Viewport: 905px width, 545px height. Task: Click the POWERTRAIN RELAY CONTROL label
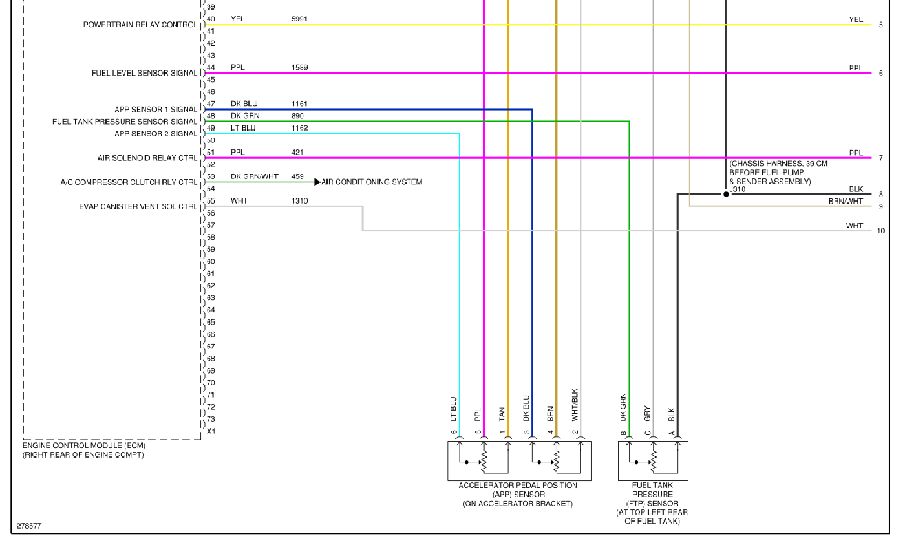tap(140, 25)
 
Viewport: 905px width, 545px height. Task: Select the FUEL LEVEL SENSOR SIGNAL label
tap(144, 73)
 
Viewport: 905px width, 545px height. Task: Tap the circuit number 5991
tap(299, 19)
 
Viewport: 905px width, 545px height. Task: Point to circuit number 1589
tap(299, 68)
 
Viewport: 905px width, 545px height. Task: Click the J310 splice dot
tap(726, 194)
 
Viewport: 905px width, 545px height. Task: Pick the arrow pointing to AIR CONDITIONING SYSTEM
tap(317, 182)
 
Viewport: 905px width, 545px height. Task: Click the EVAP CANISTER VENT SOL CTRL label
tap(138, 207)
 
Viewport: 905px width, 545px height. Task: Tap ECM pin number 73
tap(211, 419)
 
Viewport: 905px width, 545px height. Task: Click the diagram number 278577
tap(29, 526)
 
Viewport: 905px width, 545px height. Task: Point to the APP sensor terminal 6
tap(454, 433)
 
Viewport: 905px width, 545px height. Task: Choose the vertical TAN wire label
tap(502, 413)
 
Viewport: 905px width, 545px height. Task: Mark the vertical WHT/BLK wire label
tap(575, 405)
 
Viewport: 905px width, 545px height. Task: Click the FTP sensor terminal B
tap(623, 433)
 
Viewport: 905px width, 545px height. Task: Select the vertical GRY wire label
tap(647, 413)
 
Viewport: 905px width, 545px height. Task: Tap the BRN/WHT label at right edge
tap(846, 202)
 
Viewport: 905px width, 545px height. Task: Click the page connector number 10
tap(881, 231)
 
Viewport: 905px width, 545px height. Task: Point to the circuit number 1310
tap(299, 201)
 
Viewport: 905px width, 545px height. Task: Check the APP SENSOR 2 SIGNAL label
tap(156, 134)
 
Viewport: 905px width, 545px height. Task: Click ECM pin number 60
tap(211, 262)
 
